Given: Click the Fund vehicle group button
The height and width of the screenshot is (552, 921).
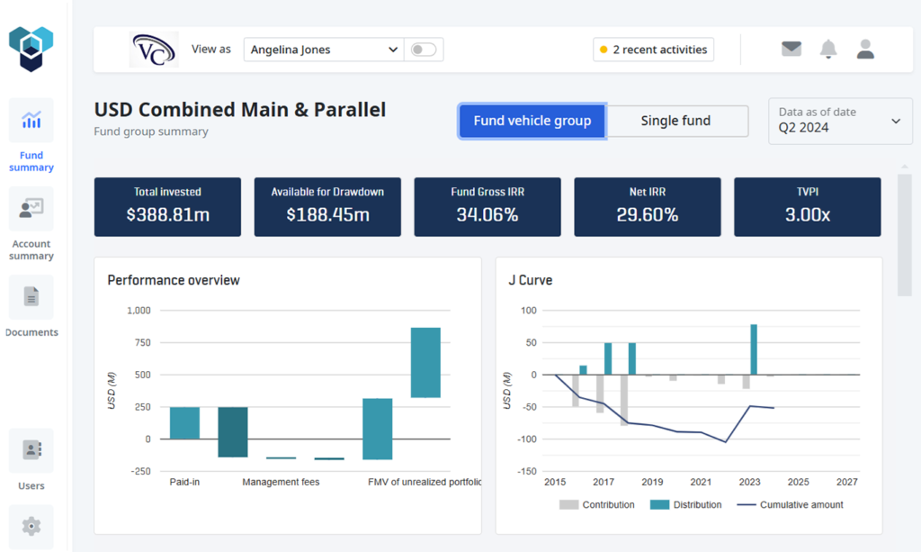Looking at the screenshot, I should [x=532, y=121].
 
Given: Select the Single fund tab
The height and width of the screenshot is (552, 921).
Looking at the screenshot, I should [x=675, y=121].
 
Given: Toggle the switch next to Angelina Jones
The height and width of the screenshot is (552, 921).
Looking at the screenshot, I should [x=423, y=50].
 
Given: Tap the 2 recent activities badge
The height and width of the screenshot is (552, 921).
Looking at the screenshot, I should [x=653, y=50].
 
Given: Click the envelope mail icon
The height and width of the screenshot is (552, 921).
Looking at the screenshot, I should [x=791, y=50].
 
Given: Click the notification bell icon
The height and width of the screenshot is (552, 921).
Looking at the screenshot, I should [x=828, y=50].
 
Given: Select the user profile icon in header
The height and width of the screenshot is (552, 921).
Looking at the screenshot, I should [x=865, y=50].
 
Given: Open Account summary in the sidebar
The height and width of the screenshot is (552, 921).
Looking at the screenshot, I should [x=31, y=210].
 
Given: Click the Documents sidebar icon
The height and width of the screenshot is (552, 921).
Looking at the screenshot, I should [x=31, y=297].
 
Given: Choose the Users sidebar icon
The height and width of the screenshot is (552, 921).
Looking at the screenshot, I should [x=31, y=450].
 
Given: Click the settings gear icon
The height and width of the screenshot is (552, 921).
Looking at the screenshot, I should [x=31, y=526].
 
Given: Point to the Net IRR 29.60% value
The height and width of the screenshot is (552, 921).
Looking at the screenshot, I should [x=647, y=214].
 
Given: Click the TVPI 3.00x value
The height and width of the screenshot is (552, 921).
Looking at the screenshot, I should [x=807, y=214].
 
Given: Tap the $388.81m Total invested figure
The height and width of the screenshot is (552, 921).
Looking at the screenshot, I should [x=167, y=214].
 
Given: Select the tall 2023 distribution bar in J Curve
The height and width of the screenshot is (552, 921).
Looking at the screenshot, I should [x=754, y=349].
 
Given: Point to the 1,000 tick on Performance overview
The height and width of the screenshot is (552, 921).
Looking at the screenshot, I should [x=139, y=311].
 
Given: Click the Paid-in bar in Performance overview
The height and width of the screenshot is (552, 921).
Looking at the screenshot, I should [x=184, y=423].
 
